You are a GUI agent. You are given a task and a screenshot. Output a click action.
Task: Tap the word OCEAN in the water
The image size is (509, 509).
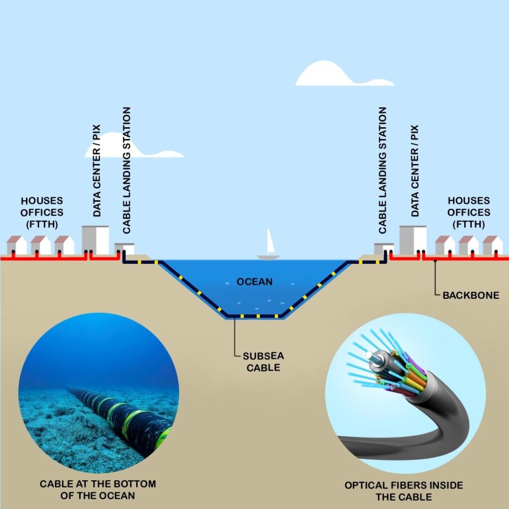254,282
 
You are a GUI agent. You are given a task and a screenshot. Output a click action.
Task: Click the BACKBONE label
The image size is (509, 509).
471,295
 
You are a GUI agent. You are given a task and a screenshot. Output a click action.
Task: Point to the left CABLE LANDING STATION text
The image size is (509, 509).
127,170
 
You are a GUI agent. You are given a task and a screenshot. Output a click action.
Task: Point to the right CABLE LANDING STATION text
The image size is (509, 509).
382,170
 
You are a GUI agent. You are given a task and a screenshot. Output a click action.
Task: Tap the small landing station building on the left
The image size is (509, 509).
124,249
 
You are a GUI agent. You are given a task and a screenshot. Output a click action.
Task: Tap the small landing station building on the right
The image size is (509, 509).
384,249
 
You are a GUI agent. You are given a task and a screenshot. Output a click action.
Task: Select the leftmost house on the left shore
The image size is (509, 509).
16,246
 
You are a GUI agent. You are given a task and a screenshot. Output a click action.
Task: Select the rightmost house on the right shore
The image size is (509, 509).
492,246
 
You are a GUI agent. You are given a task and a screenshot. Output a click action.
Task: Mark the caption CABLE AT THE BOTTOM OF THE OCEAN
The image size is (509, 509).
97,490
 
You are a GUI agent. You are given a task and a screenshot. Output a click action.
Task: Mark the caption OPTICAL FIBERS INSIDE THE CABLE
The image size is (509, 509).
404,491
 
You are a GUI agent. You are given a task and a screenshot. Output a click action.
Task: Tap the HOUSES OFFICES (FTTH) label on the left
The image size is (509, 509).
42,212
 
